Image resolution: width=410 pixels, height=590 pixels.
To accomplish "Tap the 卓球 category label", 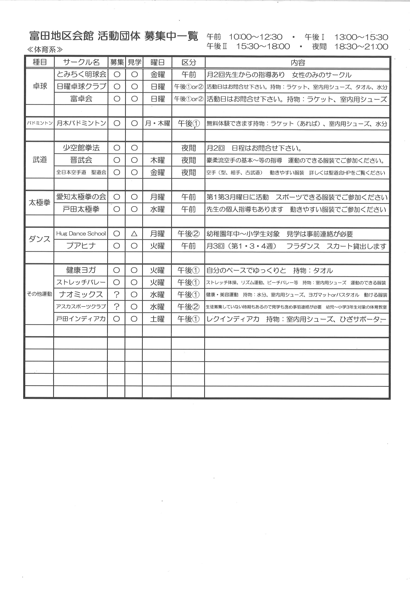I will point(40,86).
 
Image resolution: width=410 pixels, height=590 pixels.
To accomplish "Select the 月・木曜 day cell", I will point(157,123).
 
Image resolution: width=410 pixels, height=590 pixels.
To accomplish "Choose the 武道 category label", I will point(40,160).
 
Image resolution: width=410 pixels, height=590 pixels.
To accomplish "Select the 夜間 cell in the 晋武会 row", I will point(189,160).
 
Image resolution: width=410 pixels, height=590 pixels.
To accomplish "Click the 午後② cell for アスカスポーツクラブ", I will point(189,307).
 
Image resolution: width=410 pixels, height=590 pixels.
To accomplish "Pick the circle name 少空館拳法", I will point(81,148).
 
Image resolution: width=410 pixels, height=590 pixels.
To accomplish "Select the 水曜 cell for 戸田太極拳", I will point(157,209).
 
